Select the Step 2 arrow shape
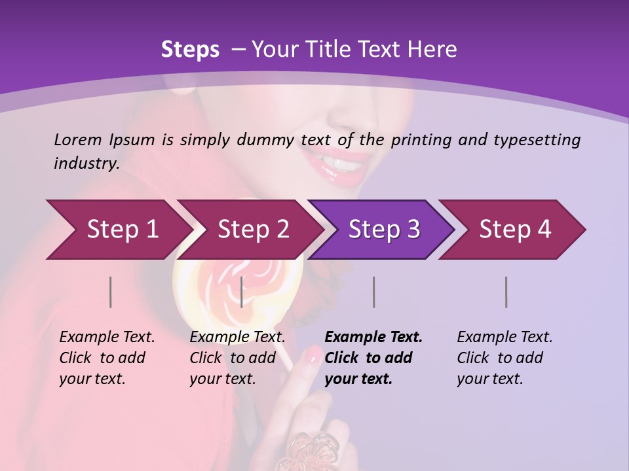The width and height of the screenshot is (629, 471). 249,230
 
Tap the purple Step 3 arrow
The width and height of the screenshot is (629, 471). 382,230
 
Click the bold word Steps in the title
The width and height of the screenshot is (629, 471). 190,50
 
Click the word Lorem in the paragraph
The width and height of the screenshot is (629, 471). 77,139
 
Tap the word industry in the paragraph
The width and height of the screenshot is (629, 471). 86,164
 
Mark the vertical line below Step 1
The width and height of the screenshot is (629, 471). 110,292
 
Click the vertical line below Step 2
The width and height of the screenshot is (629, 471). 242,292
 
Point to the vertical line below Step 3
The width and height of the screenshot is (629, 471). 373,292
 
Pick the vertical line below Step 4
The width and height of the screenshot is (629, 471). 506,292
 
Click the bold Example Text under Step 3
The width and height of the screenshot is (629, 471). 373,338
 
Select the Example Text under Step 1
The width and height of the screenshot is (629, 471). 107,338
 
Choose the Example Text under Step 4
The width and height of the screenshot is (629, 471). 505,338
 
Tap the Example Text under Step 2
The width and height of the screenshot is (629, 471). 237,338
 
